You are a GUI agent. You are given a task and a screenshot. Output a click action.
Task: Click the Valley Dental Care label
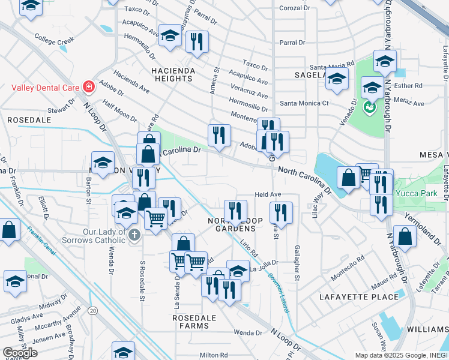coord(46,87)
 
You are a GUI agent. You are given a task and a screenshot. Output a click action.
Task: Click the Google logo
coord(20,352)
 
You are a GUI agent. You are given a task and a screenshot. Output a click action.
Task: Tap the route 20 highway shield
coord(92,310)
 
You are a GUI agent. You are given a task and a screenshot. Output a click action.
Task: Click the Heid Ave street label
coord(268,194)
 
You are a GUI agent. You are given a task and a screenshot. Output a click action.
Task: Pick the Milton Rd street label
coord(214,355)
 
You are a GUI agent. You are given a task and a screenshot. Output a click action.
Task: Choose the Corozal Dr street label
coord(295,8)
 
